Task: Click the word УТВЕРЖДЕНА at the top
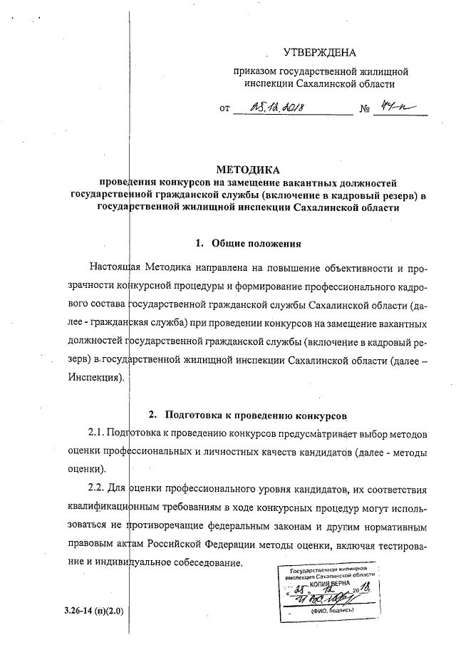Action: pyautogui.click(x=318, y=52)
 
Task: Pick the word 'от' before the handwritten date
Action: pyautogui.click(x=226, y=110)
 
